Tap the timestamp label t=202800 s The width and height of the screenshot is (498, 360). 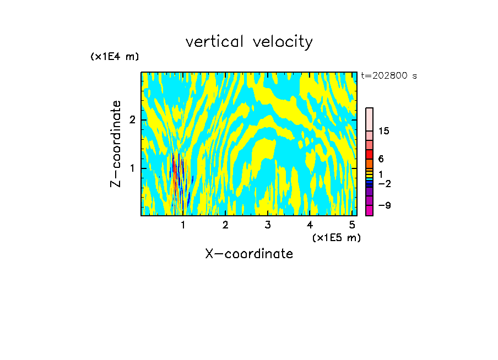388,76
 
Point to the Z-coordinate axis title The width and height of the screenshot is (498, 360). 116,144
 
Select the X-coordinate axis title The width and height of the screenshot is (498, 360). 249,254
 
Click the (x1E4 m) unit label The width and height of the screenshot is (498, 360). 115,57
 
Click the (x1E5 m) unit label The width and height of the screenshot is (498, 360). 336,237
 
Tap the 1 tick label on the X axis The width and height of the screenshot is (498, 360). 183,225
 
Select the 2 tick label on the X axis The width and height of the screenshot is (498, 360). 225,225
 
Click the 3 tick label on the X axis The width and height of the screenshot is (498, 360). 268,225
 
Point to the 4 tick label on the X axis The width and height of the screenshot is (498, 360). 310,225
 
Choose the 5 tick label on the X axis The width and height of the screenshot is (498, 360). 353,225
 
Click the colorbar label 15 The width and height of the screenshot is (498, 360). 384,131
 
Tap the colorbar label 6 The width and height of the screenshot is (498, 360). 381,159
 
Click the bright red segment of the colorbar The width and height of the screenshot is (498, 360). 370,155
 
